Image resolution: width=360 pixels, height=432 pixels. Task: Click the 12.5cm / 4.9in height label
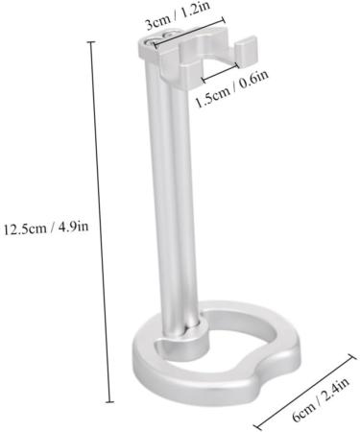click(x=46, y=228)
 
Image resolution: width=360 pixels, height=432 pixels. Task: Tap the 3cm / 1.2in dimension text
click(x=178, y=15)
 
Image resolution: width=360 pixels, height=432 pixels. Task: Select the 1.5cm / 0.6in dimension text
click(x=231, y=89)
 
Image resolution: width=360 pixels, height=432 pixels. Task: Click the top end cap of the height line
click(x=91, y=42)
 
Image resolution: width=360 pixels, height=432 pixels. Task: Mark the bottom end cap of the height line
click(x=109, y=402)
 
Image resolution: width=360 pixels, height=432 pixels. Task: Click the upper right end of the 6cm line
click(x=352, y=357)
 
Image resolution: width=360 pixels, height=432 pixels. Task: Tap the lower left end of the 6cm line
click(x=258, y=427)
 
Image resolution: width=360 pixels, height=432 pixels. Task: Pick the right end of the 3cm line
click(x=223, y=21)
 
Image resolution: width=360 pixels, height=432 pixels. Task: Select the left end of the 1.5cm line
click(x=204, y=79)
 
